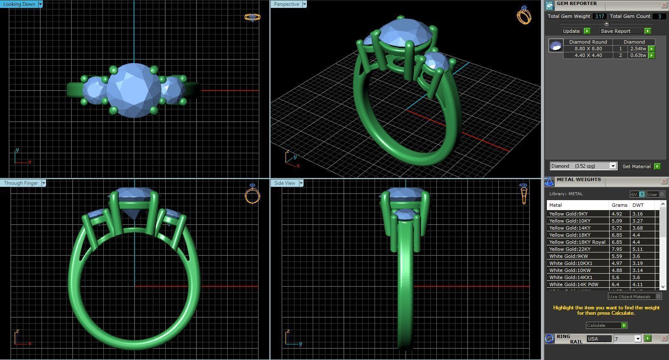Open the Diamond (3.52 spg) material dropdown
tap(613, 166)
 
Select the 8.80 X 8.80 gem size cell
tap(588, 49)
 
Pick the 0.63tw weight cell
tap(638, 55)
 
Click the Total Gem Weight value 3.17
tap(599, 17)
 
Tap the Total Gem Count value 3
tap(659, 17)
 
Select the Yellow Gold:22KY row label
tap(570, 249)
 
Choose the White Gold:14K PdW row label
tap(573, 284)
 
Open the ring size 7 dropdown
tap(638, 339)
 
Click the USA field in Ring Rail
tap(598, 339)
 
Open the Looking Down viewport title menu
tap(40, 4)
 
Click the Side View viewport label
tap(284, 183)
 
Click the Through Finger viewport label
tap(21, 183)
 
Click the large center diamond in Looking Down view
tap(134, 90)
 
